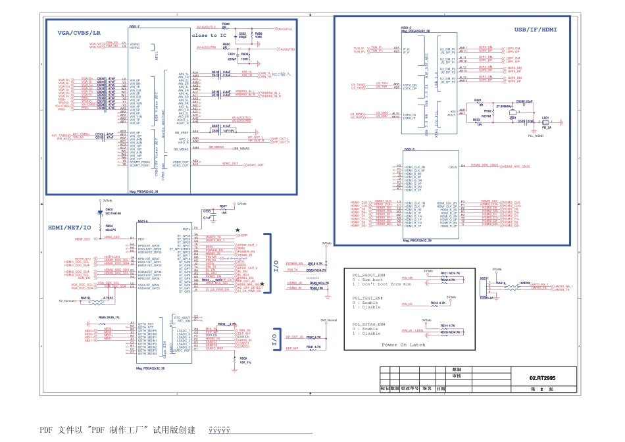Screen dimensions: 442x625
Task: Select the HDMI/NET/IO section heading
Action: tap(68, 227)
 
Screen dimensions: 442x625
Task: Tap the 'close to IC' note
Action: tap(209, 36)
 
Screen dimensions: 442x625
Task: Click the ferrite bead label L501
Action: tap(545, 118)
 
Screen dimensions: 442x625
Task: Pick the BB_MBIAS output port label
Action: tap(241, 149)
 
